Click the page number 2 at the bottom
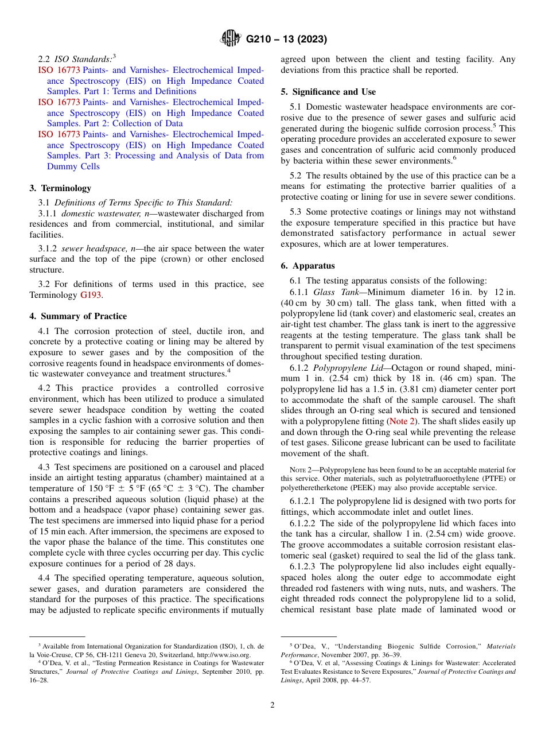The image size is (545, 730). [x=272, y=705]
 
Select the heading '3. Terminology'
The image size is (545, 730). [x=60, y=188]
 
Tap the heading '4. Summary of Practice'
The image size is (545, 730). [x=78, y=316]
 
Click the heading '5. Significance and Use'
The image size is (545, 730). [x=328, y=92]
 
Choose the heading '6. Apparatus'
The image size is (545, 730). [x=307, y=266]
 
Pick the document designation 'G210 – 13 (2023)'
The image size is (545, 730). [x=286, y=39]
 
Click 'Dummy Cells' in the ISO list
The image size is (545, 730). [x=73, y=166]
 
